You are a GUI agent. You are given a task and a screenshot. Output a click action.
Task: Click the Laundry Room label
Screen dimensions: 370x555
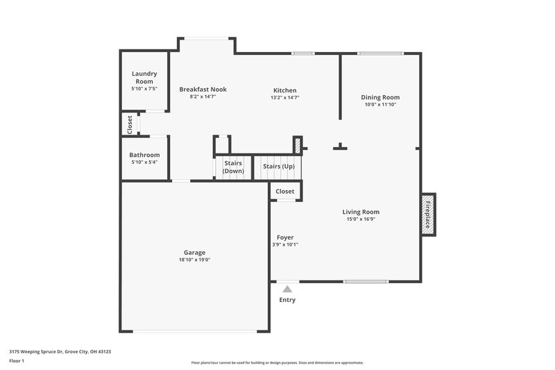pos(144,77)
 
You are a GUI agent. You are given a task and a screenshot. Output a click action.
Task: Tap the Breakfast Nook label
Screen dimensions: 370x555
pos(203,90)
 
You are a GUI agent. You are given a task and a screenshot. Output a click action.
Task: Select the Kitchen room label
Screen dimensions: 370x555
pos(284,90)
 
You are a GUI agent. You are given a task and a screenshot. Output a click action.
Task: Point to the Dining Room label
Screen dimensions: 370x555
pos(380,97)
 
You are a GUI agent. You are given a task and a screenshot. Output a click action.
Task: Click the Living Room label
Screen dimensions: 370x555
pos(361,212)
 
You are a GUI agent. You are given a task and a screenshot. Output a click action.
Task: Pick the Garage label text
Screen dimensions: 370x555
pos(194,252)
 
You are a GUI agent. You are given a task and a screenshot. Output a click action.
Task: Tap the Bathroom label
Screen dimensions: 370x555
pos(144,155)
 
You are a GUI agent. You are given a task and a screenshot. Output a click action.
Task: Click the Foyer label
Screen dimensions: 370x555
pos(285,237)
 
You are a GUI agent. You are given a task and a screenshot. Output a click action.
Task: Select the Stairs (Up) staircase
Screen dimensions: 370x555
pos(278,167)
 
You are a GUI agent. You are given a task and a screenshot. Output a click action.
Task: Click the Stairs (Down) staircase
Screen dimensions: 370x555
pos(233,167)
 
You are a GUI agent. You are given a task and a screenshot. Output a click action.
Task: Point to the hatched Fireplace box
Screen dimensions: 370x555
pos(428,213)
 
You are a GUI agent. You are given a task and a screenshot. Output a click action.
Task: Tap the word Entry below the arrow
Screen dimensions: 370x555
pos(287,300)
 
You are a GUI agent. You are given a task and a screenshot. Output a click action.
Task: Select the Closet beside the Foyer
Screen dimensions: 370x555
pos(285,191)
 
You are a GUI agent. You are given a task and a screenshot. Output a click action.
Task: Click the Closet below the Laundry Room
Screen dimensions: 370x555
pos(130,124)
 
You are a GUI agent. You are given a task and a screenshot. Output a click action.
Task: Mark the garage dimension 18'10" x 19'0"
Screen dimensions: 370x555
pos(194,260)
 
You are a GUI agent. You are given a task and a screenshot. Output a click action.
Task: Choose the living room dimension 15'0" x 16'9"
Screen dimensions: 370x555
pos(361,219)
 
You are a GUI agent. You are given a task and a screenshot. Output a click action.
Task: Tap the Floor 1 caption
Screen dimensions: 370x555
pos(17,362)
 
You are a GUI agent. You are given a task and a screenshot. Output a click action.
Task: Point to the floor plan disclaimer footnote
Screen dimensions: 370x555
pos(277,362)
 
